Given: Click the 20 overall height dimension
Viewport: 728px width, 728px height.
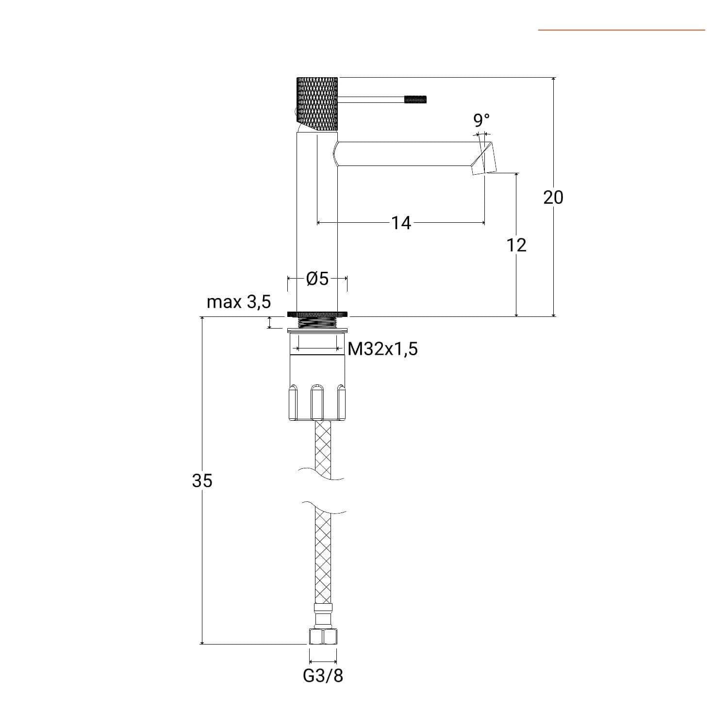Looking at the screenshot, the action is pos(553,197).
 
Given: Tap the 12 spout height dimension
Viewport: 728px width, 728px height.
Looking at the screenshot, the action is pos(516,245).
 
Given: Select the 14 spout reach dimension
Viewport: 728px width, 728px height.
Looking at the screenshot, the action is pos(401,223).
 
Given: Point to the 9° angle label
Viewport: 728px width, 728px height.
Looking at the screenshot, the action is pos(481,119).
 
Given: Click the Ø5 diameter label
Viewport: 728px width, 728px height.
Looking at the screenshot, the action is pos(317,279).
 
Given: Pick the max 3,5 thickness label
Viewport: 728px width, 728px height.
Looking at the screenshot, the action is pos(239,302).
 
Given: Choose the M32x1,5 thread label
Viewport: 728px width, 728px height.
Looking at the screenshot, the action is pos(383,348).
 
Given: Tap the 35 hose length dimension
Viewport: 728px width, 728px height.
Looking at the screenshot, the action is pos(202,480).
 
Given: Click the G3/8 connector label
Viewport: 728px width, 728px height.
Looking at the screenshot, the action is pos(323,676).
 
